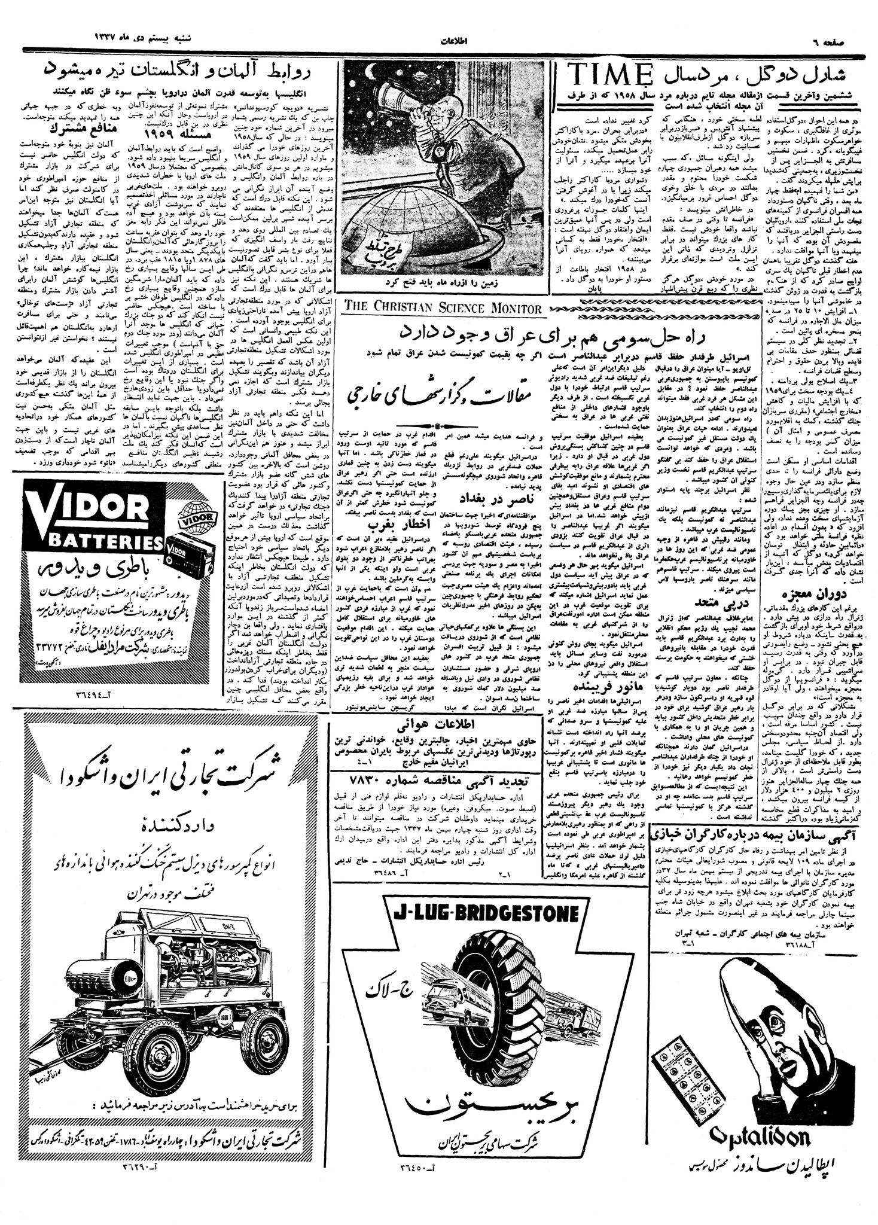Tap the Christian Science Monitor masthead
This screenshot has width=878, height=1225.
point(443,307)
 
